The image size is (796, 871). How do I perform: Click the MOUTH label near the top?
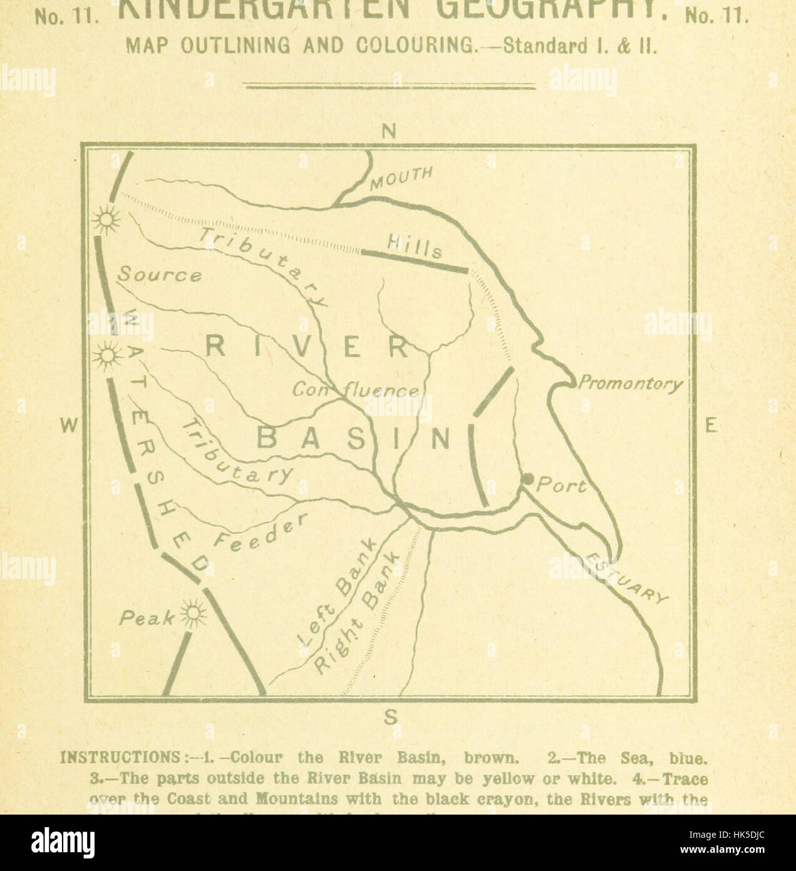click(x=401, y=178)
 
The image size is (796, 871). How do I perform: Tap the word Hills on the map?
click(x=415, y=245)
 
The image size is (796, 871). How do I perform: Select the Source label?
click(x=160, y=274)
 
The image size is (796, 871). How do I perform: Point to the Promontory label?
click(x=630, y=383)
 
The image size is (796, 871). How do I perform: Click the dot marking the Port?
click(x=527, y=479)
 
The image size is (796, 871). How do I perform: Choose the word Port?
click(x=562, y=486)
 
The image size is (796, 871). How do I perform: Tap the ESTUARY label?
click(x=628, y=577)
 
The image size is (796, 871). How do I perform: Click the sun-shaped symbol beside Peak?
click(x=194, y=612)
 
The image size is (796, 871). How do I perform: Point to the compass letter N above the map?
click(x=390, y=132)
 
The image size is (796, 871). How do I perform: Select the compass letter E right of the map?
click(x=710, y=426)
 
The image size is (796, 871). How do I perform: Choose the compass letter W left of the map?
click(x=69, y=426)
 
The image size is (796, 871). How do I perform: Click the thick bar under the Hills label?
click(x=415, y=261)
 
